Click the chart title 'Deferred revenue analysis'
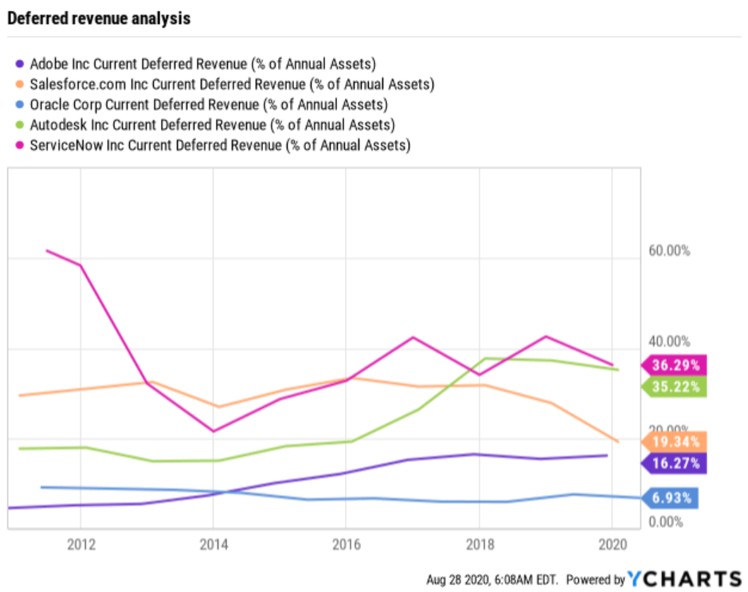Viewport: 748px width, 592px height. [99, 18]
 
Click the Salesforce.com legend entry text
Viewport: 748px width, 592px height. [232, 84]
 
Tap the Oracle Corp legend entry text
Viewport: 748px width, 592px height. [209, 104]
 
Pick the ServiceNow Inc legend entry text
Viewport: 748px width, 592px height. [220, 145]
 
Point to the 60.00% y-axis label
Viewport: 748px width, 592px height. [668, 251]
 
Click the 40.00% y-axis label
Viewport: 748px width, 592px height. [668, 342]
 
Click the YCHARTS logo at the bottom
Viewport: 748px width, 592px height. [684, 578]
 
